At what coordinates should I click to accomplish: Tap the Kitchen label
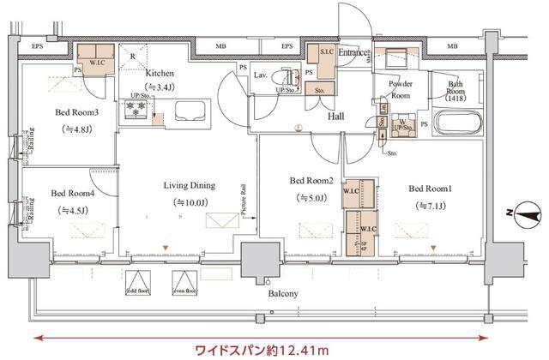tap(160, 73)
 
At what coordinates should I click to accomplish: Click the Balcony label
tap(283, 294)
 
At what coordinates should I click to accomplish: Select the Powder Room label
tap(404, 88)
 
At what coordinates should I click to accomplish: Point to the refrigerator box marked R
tap(136, 53)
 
